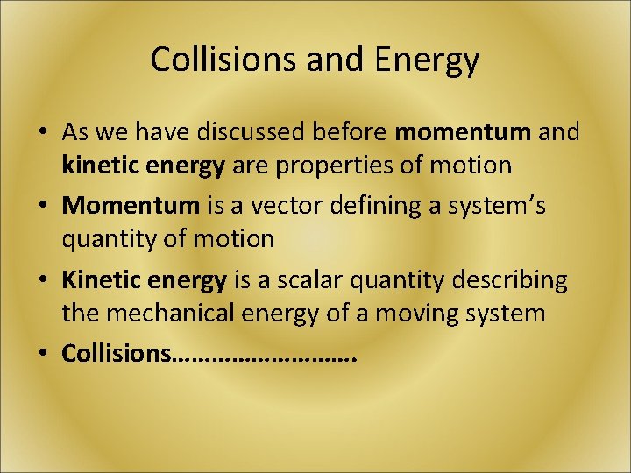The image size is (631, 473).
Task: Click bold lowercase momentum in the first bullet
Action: [464, 132]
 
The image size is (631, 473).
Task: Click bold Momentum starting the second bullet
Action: [131, 206]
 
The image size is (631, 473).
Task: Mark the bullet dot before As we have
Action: [42, 133]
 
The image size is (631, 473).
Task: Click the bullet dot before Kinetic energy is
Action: [42, 281]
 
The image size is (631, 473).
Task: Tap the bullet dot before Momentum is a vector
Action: [42, 207]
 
